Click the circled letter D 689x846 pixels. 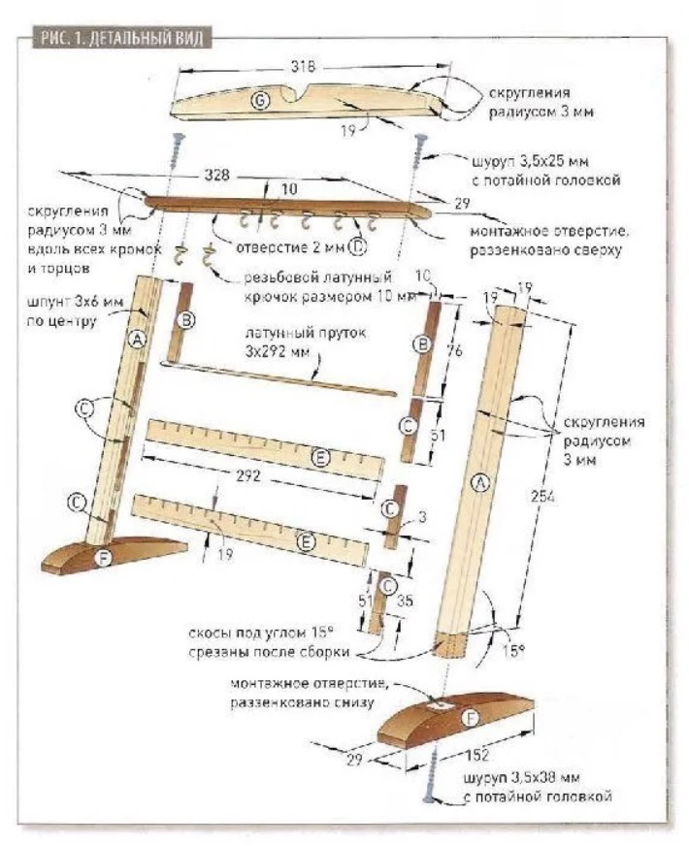pos(357,248)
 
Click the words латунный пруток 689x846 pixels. pos(290,333)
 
